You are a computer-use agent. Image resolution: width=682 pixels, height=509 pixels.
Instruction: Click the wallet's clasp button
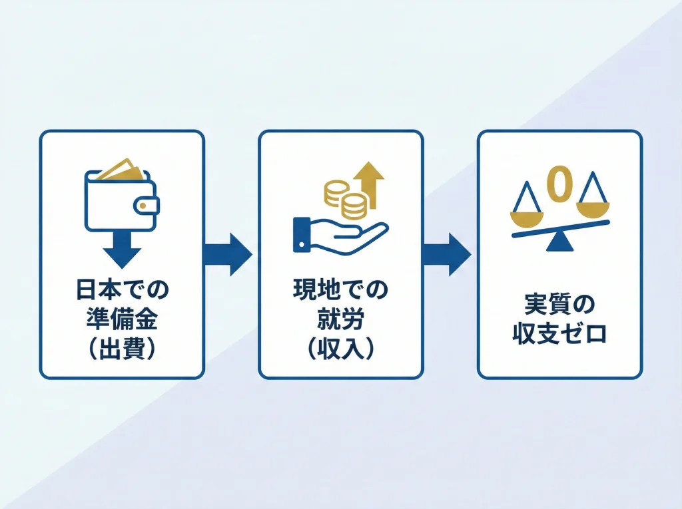click(145, 207)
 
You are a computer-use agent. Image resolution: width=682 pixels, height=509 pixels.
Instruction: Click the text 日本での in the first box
click(122, 290)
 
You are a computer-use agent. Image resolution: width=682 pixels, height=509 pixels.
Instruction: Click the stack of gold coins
click(346, 198)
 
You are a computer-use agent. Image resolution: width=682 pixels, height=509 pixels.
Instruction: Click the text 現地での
click(340, 290)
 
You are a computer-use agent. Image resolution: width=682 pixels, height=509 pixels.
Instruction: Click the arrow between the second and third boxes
click(447, 254)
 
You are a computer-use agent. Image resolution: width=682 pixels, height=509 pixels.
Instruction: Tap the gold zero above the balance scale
click(559, 183)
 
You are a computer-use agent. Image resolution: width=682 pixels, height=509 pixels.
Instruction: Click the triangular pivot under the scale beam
click(559, 243)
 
